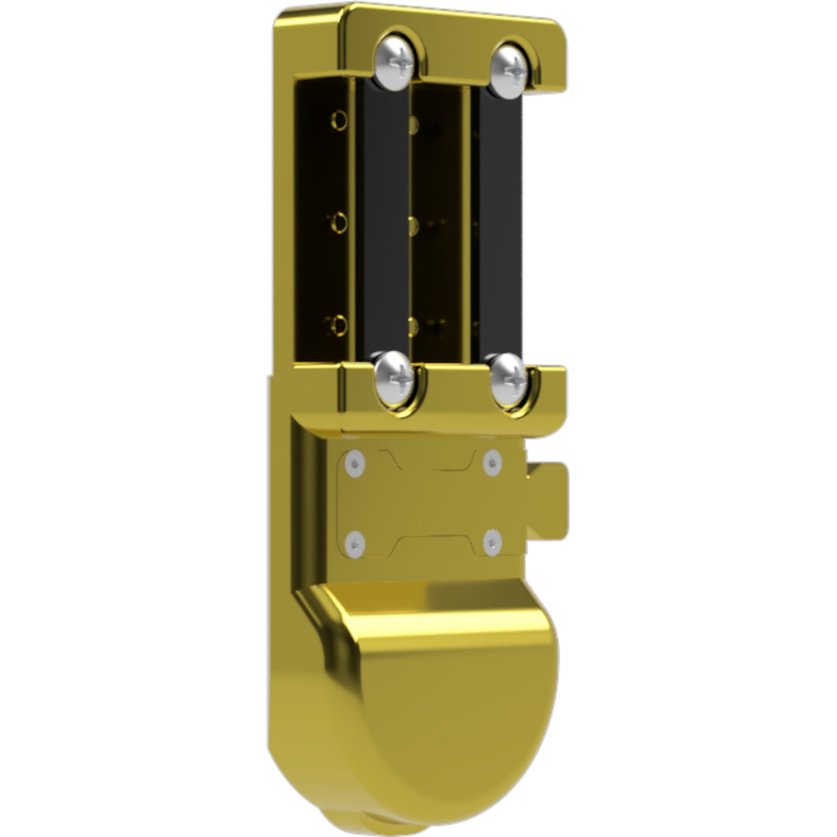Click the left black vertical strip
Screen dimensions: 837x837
385,221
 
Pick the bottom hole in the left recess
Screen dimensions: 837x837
339,324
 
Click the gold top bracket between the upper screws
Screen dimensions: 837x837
453,52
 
